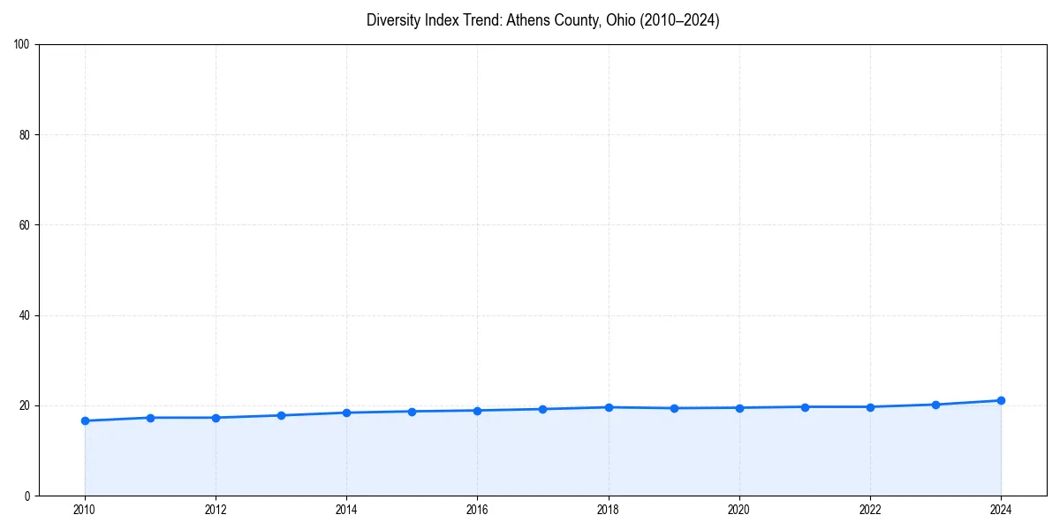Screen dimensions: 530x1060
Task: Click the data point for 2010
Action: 85,420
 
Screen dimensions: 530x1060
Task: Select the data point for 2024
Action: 1001,400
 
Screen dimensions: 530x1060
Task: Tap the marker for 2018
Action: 609,407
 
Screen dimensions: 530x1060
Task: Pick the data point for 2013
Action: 281,415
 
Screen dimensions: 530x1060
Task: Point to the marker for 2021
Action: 805,407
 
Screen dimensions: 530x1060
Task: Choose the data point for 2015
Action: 412,412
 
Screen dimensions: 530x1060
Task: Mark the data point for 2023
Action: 935,405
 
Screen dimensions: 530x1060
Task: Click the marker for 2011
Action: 150,418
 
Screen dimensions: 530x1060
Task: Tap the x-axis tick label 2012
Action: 216,510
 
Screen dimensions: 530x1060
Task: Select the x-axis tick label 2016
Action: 477,510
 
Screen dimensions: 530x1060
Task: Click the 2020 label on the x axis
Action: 739,510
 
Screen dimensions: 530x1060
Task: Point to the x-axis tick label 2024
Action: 1001,510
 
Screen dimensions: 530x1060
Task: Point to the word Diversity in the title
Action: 392,20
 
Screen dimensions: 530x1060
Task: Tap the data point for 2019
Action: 674,408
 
